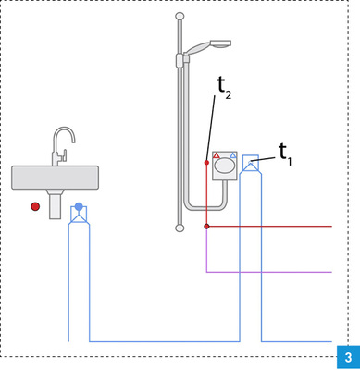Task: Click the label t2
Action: click(x=223, y=86)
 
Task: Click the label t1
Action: click(x=284, y=154)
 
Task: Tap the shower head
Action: click(x=209, y=45)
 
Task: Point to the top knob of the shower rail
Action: click(x=180, y=17)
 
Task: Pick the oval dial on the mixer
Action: click(x=225, y=167)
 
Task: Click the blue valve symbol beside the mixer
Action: click(x=250, y=165)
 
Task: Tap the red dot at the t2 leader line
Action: click(x=206, y=163)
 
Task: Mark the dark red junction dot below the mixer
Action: click(x=206, y=226)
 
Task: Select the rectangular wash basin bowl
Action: click(x=55, y=177)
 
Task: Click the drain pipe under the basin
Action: click(x=55, y=203)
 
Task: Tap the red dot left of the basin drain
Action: click(x=35, y=206)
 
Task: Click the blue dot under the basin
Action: click(x=79, y=206)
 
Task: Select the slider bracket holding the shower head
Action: click(x=180, y=60)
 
